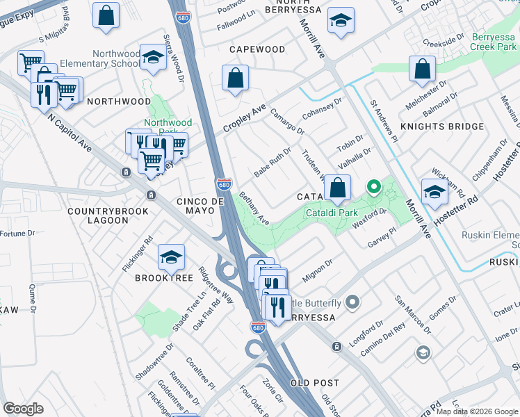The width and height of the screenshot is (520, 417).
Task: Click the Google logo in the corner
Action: click(x=23, y=409)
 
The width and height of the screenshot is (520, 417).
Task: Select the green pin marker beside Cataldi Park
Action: click(x=373, y=186)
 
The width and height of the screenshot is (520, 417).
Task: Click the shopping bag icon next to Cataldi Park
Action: click(x=337, y=188)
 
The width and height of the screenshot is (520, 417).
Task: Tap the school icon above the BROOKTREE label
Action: click(x=170, y=258)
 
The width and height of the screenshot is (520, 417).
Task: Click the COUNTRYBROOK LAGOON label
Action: click(x=98, y=215)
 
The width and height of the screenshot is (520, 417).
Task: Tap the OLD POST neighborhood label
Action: click(x=315, y=383)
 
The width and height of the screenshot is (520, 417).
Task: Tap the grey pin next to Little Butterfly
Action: click(x=352, y=302)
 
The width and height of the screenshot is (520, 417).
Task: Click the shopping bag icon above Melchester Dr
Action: click(x=422, y=69)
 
